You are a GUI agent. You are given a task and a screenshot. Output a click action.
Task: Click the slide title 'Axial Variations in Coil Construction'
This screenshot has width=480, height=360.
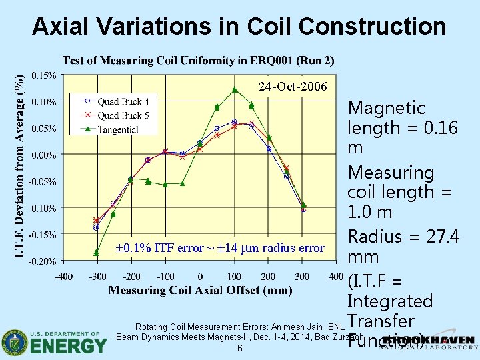[x=239, y=26]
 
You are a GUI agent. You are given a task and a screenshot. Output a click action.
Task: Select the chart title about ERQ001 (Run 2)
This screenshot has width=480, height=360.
[x=198, y=60]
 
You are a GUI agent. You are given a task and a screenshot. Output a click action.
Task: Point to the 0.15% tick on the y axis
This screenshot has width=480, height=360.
[x=43, y=75]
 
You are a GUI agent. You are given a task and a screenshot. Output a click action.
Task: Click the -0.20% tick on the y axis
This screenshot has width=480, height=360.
[x=41, y=261]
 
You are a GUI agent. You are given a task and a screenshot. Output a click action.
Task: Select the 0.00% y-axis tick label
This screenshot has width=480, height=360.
[x=43, y=155]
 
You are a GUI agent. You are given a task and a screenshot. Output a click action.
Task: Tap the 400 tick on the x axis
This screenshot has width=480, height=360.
[x=337, y=276]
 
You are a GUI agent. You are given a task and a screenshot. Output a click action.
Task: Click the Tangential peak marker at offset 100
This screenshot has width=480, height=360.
[x=234, y=90]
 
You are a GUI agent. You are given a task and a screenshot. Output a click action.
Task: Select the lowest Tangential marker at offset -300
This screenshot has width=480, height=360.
[x=97, y=252]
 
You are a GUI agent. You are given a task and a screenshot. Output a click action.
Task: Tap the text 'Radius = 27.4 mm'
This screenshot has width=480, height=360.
[x=403, y=247]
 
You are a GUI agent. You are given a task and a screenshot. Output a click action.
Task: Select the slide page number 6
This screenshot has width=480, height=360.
[x=239, y=349]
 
